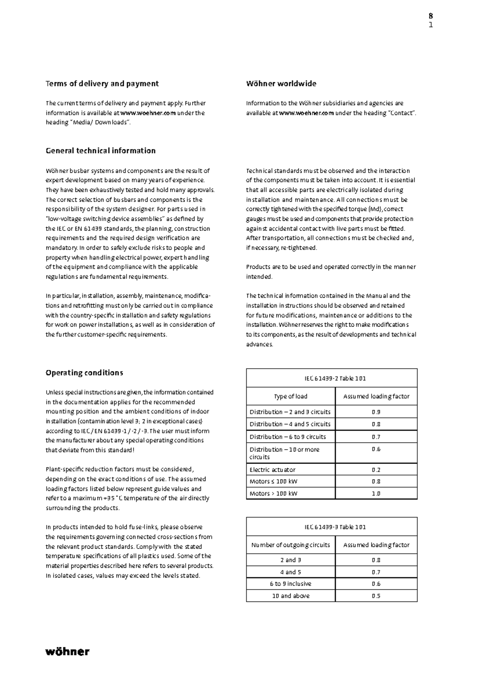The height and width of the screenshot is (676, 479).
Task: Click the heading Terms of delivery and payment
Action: (x=102, y=84)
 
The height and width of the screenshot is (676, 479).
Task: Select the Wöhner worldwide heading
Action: (x=281, y=84)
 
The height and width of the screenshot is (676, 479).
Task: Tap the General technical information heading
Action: (x=101, y=151)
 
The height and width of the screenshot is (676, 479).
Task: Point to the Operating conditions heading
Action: (x=84, y=373)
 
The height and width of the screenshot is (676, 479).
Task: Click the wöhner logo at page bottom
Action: (x=67, y=652)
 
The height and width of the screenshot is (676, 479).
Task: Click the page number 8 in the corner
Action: (x=431, y=16)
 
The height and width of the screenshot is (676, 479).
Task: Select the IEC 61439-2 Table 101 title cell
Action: (x=331, y=378)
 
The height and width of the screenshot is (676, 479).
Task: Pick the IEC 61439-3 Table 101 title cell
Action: (x=331, y=527)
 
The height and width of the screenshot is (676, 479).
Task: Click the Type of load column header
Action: (x=291, y=396)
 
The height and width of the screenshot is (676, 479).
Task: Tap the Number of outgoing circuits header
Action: (x=291, y=545)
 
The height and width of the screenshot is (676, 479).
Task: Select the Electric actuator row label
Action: (x=273, y=470)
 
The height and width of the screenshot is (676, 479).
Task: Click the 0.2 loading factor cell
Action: (x=376, y=470)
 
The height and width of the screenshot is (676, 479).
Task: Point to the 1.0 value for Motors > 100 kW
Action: (x=376, y=493)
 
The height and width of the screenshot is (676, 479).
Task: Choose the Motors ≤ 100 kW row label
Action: (x=273, y=481)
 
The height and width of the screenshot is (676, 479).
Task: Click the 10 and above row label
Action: (x=291, y=596)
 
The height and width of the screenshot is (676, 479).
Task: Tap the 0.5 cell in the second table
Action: (x=376, y=596)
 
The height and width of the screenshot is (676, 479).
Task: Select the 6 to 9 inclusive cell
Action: (x=291, y=584)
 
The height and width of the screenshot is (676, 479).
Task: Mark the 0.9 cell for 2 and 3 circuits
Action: (x=376, y=412)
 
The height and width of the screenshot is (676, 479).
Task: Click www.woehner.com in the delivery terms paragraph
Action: (x=148, y=113)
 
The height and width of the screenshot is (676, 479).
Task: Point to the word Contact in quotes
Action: (x=401, y=113)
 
